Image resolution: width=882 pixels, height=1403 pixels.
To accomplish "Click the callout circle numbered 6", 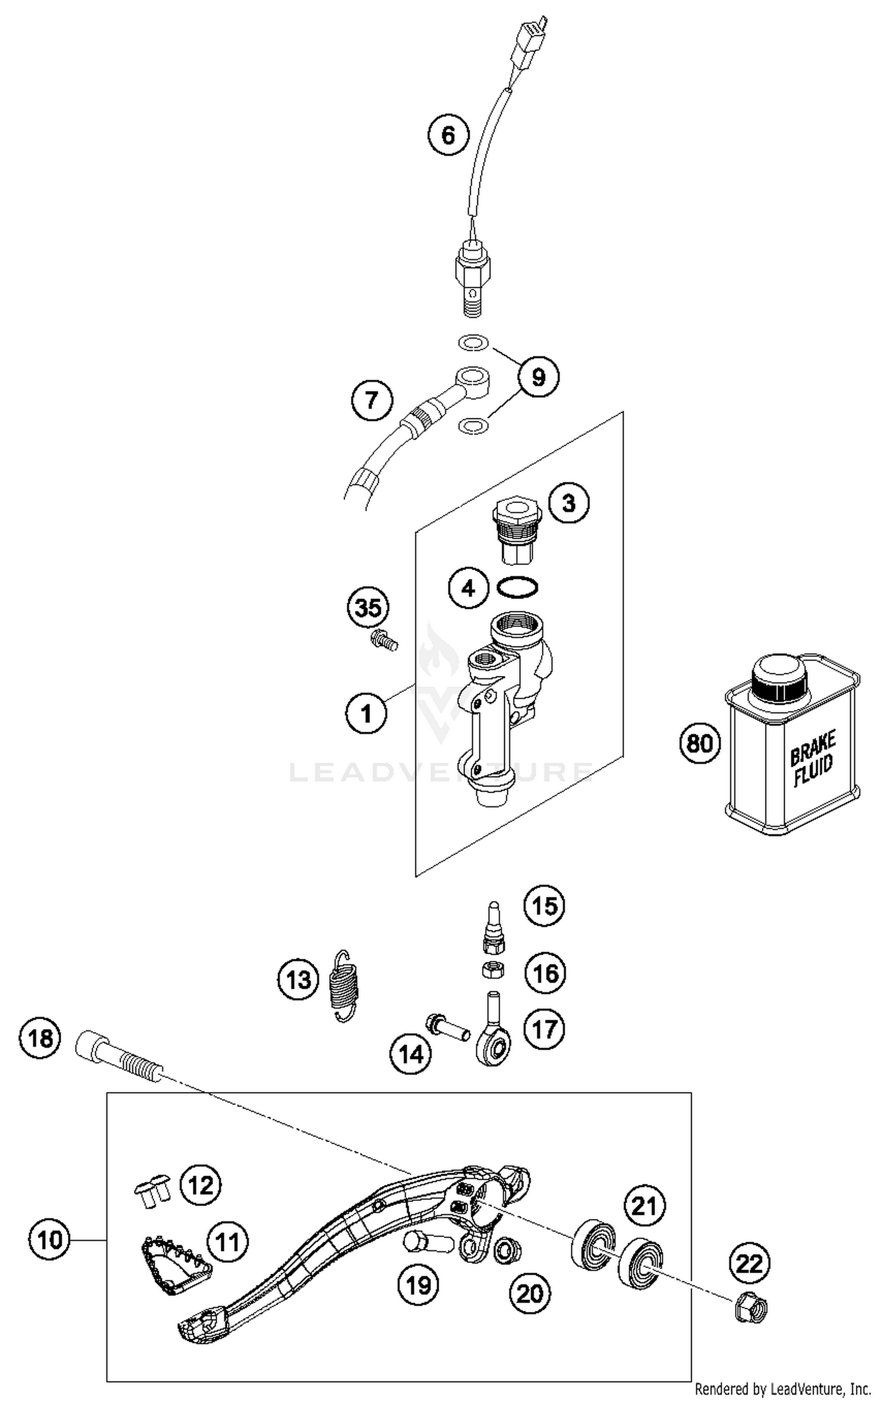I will tap(448, 136).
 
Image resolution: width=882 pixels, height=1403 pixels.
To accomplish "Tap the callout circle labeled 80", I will tap(699, 744).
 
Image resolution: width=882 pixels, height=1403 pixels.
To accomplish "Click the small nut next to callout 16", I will tap(493, 969).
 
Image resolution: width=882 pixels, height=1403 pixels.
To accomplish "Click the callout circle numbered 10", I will tap(49, 1240).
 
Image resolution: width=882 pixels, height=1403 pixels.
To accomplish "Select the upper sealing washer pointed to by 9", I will tap(472, 342).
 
